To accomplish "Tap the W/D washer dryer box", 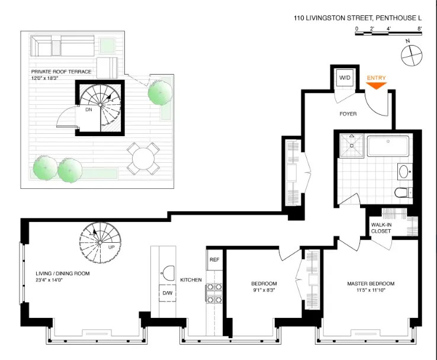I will pyautogui.click(x=345, y=78).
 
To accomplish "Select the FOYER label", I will pyautogui.click(x=348, y=114).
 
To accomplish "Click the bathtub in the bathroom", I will pyautogui.click(x=388, y=146).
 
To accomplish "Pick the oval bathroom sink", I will pyautogui.click(x=404, y=172).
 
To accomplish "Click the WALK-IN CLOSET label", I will pyautogui.click(x=381, y=228).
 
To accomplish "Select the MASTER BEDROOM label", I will pyautogui.click(x=371, y=284).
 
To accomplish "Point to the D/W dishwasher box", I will pyautogui.click(x=167, y=293).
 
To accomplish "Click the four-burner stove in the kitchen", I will pyautogui.click(x=213, y=290).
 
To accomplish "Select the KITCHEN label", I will pyautogui.click(x=191, y=279).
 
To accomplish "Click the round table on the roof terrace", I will pyautogui.click(x=143, y=158).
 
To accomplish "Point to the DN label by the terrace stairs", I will pyautogui.click(x=88, y=110).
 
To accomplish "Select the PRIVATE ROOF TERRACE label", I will pyautogui.click(x=61, y=72).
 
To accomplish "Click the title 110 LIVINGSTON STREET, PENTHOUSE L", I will pyautogui.click(x=358, y=18).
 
